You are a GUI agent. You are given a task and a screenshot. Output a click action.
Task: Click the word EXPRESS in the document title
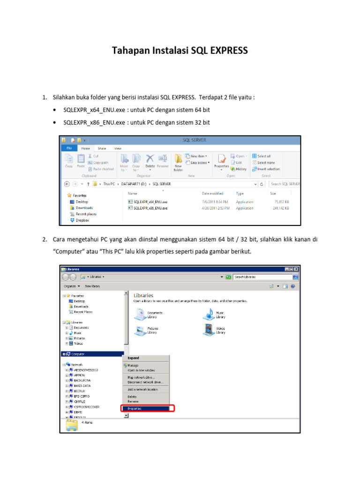click(226, 51)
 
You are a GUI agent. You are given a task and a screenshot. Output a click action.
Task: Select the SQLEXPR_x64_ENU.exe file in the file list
click(150, 202)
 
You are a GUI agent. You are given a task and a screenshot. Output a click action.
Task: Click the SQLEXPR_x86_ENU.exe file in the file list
click(150, 208)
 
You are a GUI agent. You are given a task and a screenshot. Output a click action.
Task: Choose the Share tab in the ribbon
click(102, 148)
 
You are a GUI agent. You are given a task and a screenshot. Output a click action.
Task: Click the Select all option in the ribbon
click(263, 156)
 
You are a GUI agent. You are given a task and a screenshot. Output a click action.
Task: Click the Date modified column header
click(212, 193)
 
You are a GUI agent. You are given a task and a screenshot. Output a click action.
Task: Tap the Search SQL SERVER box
click(285, 184)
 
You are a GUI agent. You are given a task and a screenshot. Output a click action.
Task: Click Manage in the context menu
click(133, 365)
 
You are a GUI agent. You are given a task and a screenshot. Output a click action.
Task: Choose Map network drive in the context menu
click(141, 377)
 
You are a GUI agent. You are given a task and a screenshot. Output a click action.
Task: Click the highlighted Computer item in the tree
click(78, 354)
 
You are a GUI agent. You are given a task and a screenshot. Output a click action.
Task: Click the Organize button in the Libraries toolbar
click(72, 286)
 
